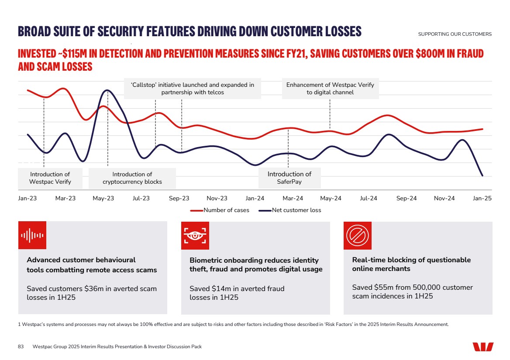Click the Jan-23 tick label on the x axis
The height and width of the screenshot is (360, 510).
point(28,199)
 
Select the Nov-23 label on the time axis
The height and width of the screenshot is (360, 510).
point(217,199)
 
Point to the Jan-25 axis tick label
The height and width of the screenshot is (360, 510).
point(482,199)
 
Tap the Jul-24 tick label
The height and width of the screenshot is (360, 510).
point(368,199)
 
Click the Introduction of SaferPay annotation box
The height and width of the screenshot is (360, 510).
point(289,178)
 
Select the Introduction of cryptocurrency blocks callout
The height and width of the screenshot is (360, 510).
point(132,178)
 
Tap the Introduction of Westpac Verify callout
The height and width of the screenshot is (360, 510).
point(50,178)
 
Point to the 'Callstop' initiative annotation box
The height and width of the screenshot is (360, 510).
point(193,89)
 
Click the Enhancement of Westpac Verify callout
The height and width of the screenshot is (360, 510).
point(330,89)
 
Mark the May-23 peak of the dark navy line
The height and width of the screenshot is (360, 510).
point(107,90)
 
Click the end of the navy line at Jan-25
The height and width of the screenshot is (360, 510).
point(482,175)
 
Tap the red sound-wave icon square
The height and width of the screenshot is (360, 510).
point(32,235)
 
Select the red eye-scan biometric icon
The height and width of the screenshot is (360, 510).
point(195,235)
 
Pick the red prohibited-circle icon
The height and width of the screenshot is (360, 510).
point(358,235)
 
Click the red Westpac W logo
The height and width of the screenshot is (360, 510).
point(483,347)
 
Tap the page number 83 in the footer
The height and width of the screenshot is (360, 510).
point(21,346)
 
